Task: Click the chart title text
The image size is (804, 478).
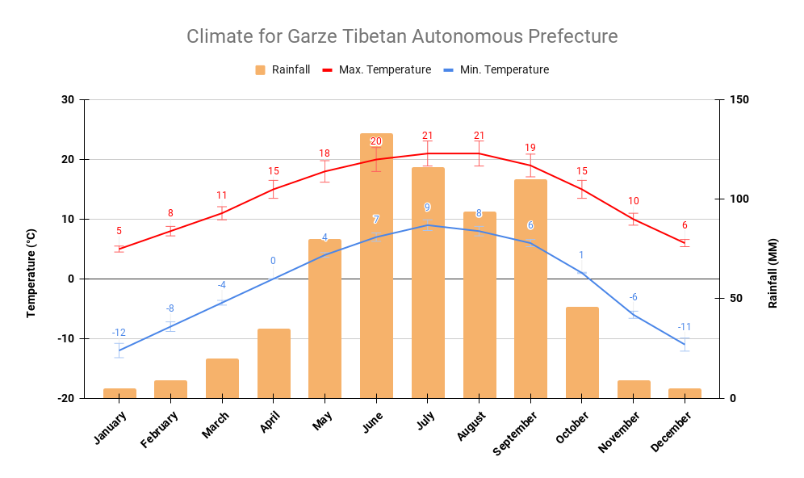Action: point(402,36)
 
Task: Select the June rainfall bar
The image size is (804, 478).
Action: point(376,266)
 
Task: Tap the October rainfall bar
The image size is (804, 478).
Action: point(582,353)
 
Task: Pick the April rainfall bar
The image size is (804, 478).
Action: point(274,363)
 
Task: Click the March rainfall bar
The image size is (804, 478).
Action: point(222,378)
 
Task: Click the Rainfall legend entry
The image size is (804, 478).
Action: point(283,69)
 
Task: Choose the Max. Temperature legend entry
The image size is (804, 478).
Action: point(376,69)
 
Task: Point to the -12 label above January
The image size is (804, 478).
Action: point(119,333)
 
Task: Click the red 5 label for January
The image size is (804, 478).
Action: point(119,231)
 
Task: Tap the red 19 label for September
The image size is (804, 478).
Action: point(530,148)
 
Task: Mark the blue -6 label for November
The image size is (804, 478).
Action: point(634,297)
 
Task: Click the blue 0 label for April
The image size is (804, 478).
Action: point(273,261)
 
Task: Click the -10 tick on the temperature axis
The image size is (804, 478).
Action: point(65,338)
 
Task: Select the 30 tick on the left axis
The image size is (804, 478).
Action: point(67,100)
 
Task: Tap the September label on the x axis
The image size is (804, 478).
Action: point(517,433)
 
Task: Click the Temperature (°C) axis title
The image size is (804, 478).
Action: point(31,273)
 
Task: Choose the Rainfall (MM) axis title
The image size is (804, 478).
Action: point(773,273)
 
